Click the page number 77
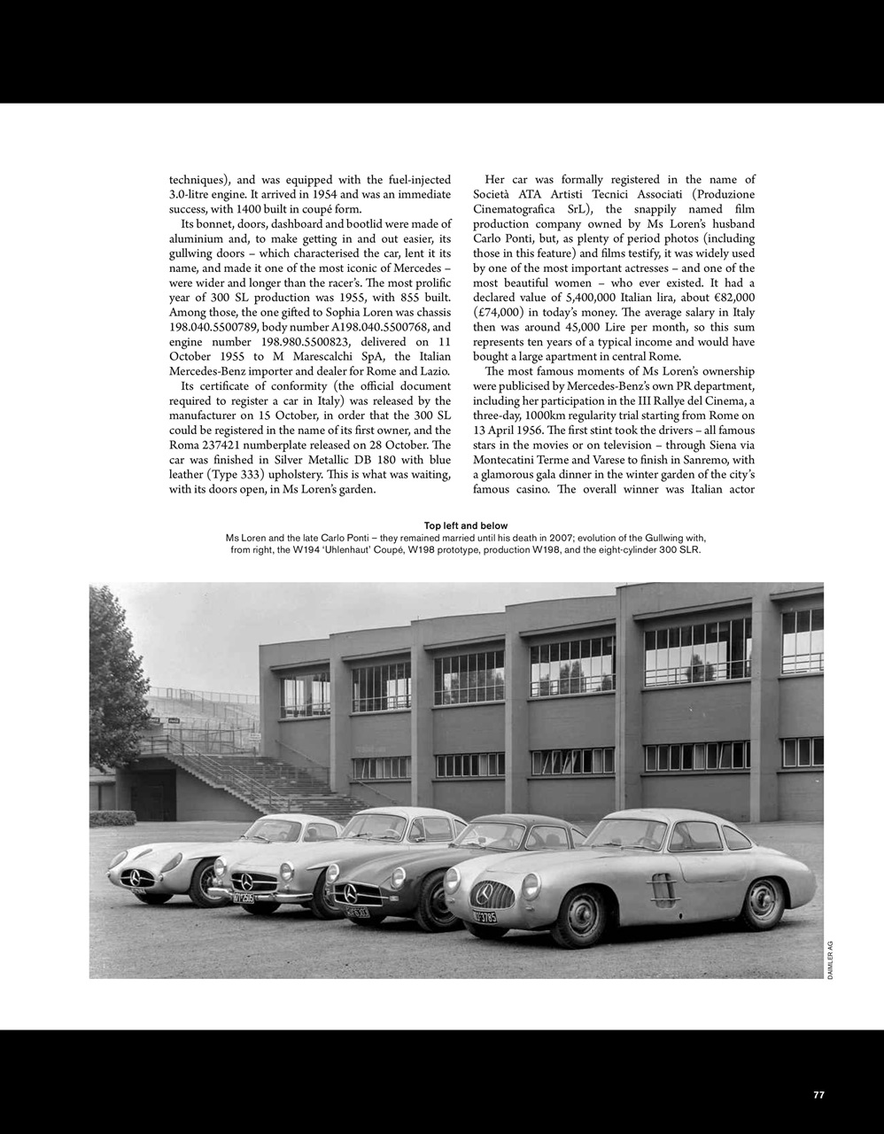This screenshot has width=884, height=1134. [x=818, y=1094]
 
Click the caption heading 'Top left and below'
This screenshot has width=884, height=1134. [x=466, y=526]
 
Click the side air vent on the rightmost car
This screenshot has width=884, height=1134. [x=663, y=883]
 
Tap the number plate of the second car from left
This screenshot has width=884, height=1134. [x=244, y=897]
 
